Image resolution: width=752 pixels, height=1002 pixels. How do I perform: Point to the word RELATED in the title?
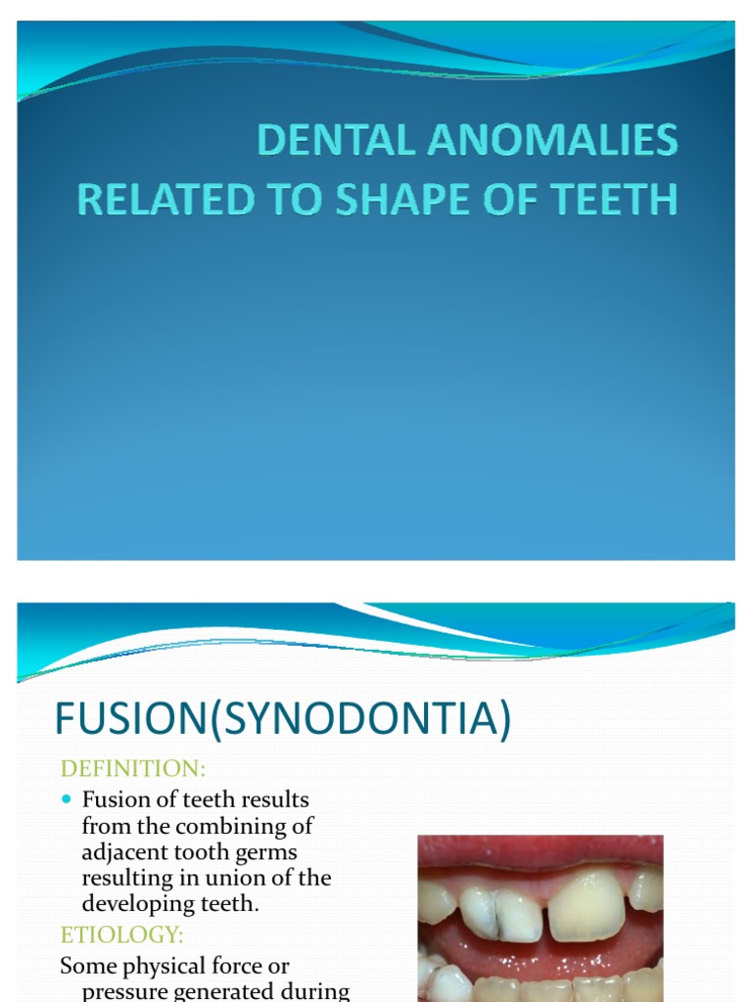point(159,199)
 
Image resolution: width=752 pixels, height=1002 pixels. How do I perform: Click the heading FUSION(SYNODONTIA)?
point(283,719)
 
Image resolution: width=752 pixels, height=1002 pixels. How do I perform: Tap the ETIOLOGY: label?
point(122,934)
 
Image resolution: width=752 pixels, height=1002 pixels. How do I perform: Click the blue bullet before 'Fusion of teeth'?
point(67,799)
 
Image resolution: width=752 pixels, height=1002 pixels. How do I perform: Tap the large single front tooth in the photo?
point(586,905)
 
